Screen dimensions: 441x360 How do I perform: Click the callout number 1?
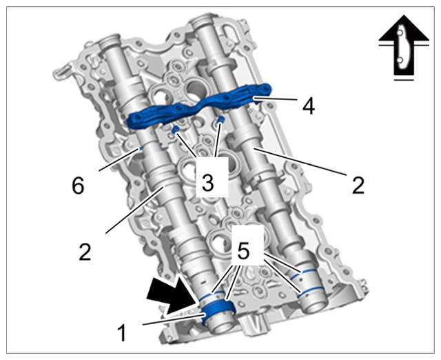coord(122,332)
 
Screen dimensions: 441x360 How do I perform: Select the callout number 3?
coord(208,183)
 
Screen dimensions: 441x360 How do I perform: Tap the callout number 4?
coord(309,106)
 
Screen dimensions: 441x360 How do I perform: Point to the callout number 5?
coord(243,250)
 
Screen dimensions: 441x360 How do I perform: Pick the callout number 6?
coord(78,186)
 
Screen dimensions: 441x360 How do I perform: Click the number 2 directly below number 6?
coord(85,251)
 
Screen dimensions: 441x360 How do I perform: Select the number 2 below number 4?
coord(358,185)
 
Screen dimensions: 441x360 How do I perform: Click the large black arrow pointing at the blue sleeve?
coord(173,296)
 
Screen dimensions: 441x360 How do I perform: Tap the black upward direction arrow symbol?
coord(404,46)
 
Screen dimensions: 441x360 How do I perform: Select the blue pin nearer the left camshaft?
coord(175,130)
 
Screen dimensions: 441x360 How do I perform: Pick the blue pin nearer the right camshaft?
coord(222,119)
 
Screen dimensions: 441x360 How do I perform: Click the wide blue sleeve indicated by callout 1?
coord(217,310)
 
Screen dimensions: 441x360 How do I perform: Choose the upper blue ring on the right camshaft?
coord(303,272)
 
